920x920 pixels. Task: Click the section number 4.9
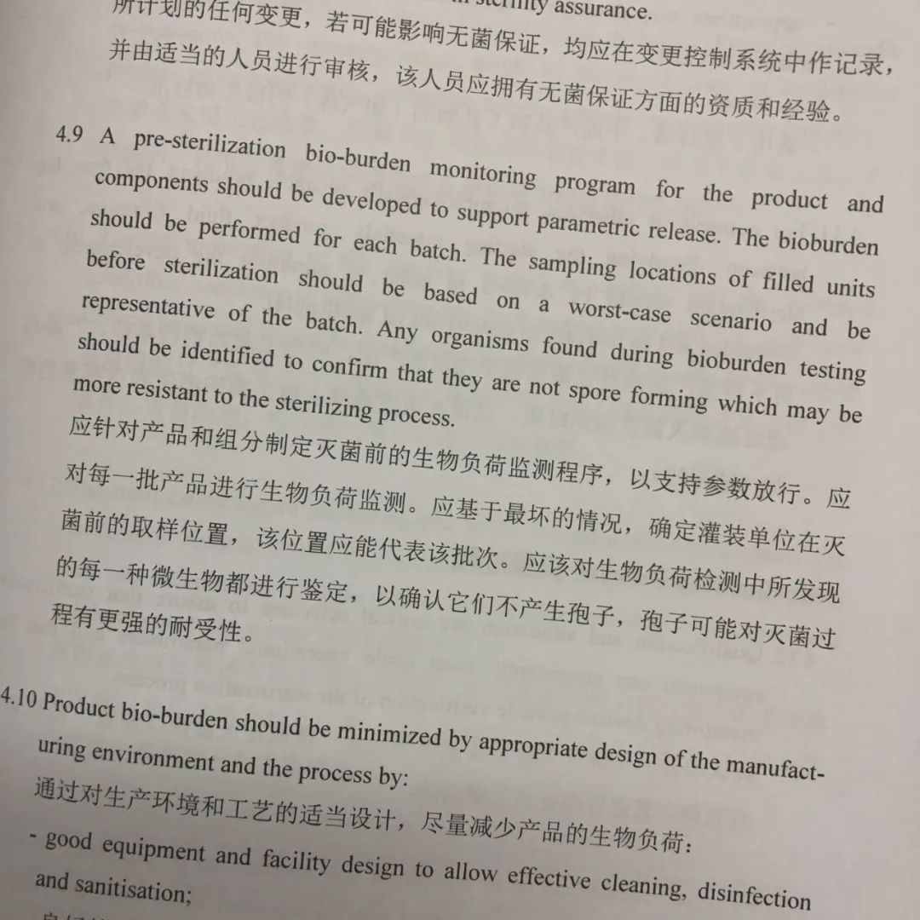click(x=69, y=136)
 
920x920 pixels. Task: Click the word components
click(x=151, y=182)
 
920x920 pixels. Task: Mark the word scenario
click(x=731, y=320)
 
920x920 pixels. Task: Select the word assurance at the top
click(x=601, y=10)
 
